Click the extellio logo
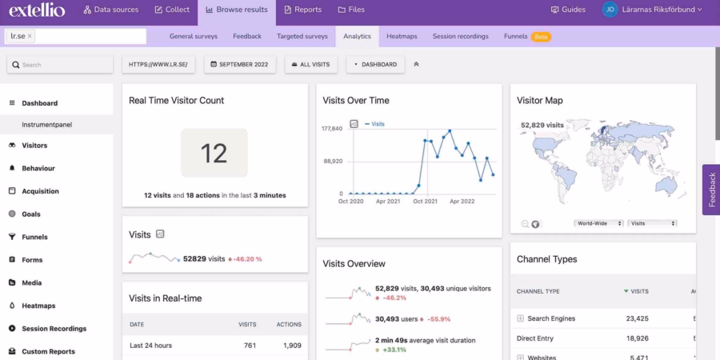(x=38, y=10)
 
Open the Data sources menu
(x=110, y=10)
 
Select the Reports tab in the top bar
(x=302, y=10)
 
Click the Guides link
(x=568, y=10)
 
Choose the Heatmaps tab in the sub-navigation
(x=402, y=36)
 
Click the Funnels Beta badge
(x=542, y=37)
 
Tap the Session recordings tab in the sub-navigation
(x=461, y=36)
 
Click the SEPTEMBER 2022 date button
(x=240, y=64)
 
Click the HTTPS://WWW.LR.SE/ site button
(x=158, y=64)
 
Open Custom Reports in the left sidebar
(x=48, y=351)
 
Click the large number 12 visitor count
(x=214, y=153)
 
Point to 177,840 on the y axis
(x=332, y=129)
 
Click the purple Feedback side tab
(x=710, y=190)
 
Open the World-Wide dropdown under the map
(x=598, y=223)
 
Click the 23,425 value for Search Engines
(x=637, y=318)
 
